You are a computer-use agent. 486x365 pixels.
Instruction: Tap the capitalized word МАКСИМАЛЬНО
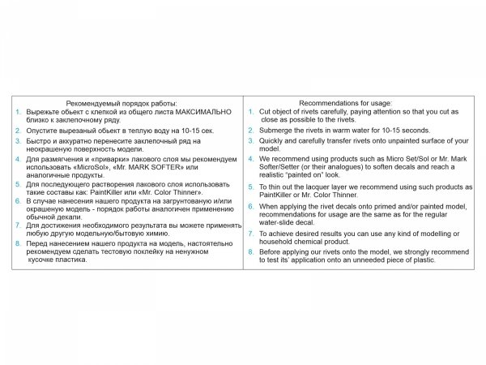pos(199,111)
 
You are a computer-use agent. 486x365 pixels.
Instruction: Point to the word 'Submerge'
pos(276,130)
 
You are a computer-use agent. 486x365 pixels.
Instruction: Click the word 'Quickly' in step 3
pos(273,140)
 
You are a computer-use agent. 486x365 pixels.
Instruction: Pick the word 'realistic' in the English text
pos(275,175)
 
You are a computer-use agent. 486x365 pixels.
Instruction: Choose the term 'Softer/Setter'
pos(284,167)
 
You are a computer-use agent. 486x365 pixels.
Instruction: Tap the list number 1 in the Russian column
pos(19,111)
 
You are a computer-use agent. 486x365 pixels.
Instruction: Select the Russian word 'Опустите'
pos(42,130)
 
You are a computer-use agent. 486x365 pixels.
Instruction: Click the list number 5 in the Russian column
pos(19,185)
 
